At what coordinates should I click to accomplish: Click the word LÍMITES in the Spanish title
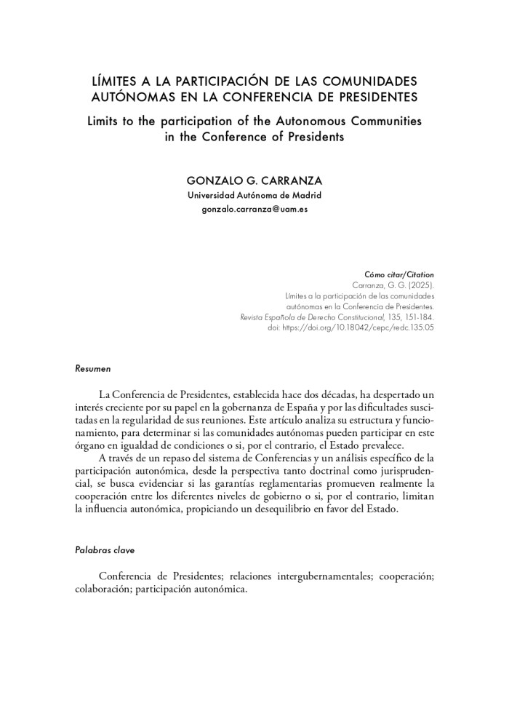[x=113, y=80]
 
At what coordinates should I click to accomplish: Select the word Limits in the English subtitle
[x=105, y=120]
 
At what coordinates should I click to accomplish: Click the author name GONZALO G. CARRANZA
[x=254, y=180]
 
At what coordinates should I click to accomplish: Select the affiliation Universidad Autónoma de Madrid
[x=254, y=196]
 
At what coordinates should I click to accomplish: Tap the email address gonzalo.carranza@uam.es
[x=254, y=210]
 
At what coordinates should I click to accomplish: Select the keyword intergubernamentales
[x=310, y=576]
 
